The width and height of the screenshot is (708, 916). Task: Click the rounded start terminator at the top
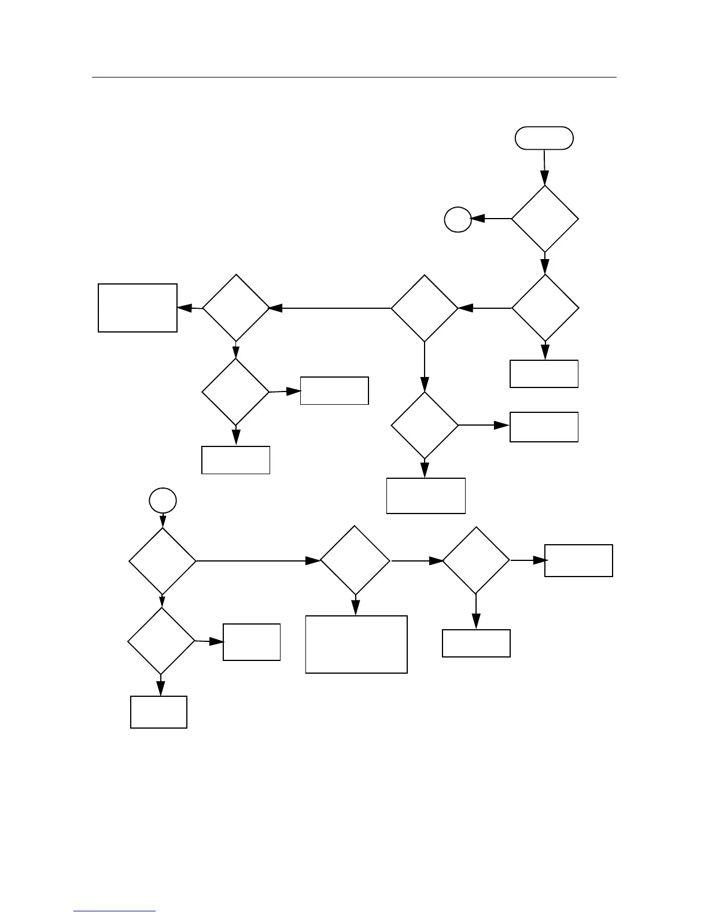click(544, 138)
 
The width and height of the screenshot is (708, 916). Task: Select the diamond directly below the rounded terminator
click(545, 219)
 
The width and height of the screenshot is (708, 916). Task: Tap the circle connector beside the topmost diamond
click(458, 220)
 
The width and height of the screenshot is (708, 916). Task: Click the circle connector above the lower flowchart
click(163, 500)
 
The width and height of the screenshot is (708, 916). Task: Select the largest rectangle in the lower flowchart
click(356, 644)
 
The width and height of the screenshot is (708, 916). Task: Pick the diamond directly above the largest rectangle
click(355, 560)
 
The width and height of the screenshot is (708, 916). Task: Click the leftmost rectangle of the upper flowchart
click(138, 308)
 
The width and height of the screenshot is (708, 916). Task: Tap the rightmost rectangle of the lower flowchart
click(578, 560)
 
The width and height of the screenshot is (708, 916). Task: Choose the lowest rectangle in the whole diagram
click(159, 712)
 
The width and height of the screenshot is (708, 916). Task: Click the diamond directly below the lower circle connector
click(163, 561)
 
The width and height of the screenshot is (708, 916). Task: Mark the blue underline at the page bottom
click(115, 911)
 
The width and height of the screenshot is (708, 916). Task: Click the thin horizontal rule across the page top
click(354, 77)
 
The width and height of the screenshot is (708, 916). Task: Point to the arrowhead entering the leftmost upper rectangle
click(185, 308)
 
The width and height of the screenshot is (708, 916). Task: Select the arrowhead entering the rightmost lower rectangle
click(540, 560)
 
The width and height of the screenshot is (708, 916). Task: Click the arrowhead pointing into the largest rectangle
click(356, 608)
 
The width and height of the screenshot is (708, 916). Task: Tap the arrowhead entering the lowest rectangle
click(160, 688)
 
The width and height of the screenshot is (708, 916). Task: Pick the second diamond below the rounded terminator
click(545, 308)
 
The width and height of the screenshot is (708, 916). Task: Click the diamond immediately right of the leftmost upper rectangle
click(236, 308)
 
